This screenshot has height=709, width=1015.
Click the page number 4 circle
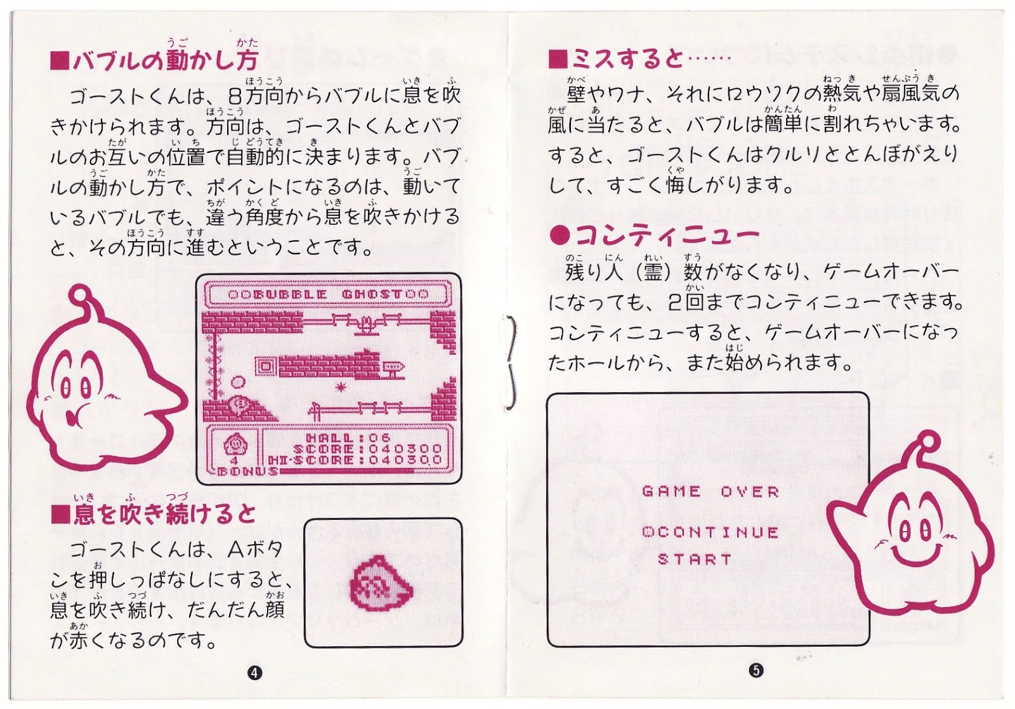254,673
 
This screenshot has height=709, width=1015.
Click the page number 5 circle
756,670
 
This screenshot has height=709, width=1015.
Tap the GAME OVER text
710,491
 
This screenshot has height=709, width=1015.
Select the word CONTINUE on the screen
716,532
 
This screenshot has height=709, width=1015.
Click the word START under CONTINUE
695,559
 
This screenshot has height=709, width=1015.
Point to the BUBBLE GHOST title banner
329,294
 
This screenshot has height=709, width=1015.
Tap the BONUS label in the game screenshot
248,471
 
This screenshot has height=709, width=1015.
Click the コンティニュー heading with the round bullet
653,235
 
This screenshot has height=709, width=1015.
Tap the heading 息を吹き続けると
154,514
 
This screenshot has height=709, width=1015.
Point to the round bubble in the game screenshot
238,383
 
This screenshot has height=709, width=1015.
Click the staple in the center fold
510,362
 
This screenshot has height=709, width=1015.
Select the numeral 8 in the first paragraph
235,96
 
